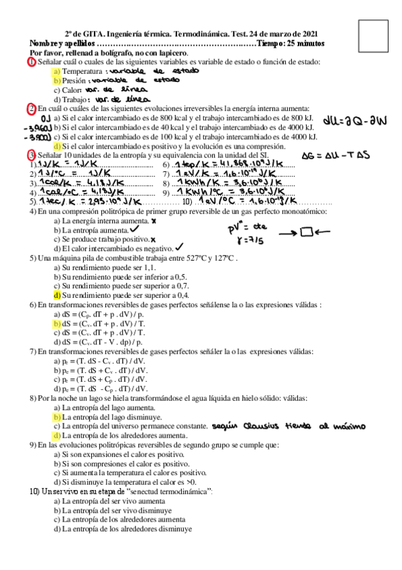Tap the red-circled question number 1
[x=32, y=62]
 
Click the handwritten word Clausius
[x=262, y=426]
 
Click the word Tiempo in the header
[x=272, y=43]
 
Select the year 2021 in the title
[x=308, y=34]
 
